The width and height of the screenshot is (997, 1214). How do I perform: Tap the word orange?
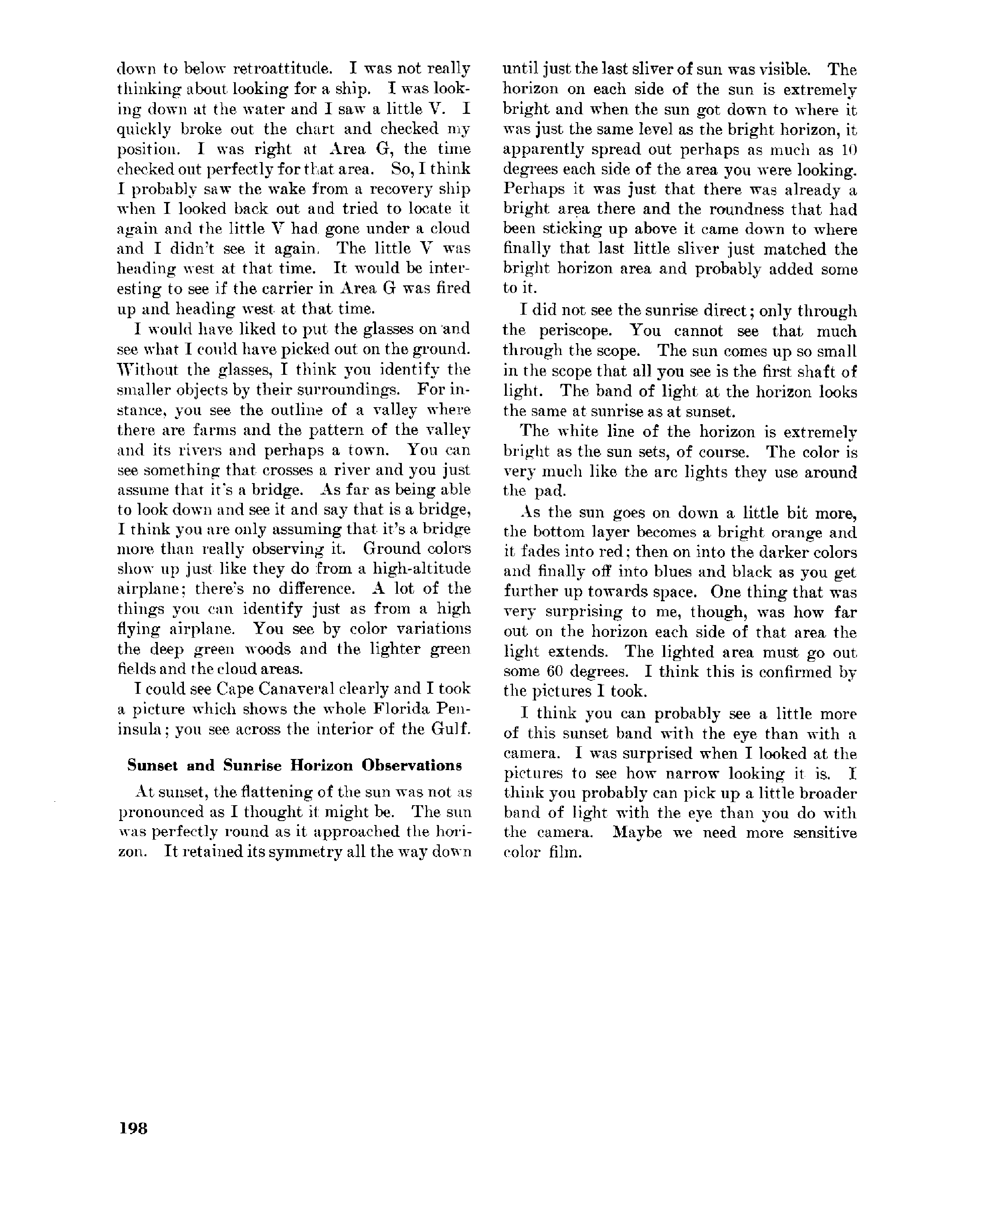[x=796, y=532]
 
